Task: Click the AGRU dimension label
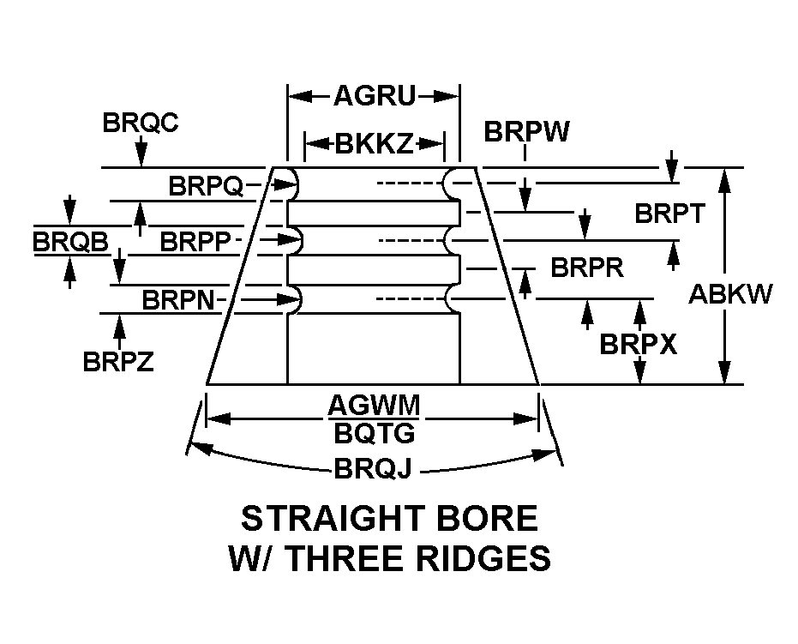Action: click(x=374, y=96)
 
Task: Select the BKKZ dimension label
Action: click(x=375, y=143)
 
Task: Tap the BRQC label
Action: click(x=141, y=123)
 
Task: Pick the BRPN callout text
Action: click(x=181, y=300)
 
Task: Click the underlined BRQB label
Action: click(x=71, y=242)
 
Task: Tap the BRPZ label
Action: click(x=118, y=362)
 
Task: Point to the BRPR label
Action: click(x=587, y=268)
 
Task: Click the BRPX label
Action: click(x=638, y=345)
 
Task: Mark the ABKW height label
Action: click(x=730, y=294)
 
